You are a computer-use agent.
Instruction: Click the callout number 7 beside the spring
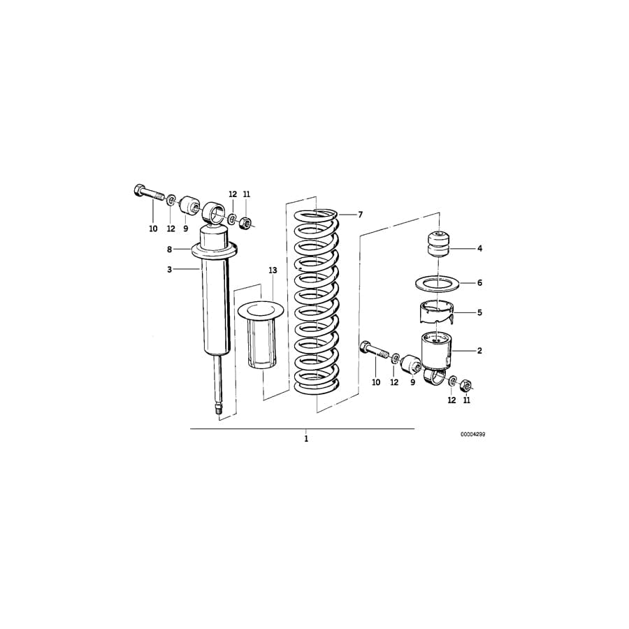click(361, 215)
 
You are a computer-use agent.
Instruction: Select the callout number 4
click(479, 248)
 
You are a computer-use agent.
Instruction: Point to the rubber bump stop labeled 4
click(438, 245)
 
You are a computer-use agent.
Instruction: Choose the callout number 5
click(479, 312)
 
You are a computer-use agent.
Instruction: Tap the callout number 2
click(479, 351)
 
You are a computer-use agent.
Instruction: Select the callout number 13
click(273, 270)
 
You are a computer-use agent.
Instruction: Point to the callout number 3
click(169, 269)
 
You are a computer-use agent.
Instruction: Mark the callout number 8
click(169, 249)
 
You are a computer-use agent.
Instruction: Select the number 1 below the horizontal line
click(306, 439)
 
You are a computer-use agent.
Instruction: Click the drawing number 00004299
click(472, 434)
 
